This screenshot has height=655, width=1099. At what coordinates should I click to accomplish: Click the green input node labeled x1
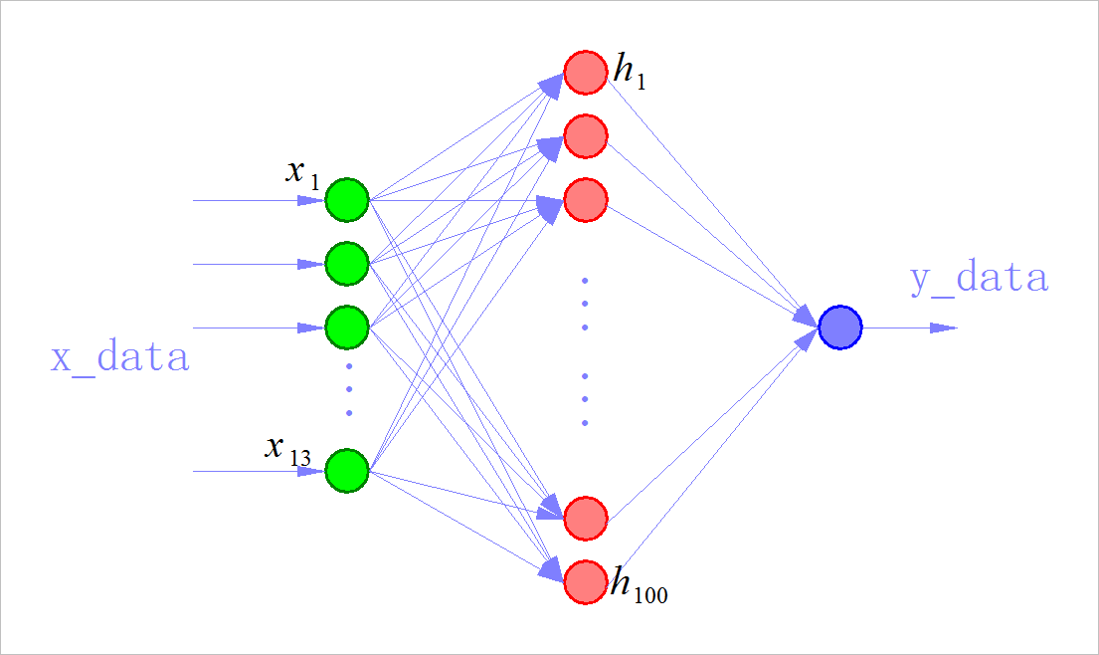pyautogui.click(x=347, y=200)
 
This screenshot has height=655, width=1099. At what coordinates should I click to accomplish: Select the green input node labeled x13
pyautogui.click(x=347, y=470)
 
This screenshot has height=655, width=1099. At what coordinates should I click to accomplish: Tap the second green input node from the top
pyautogui.click(x=347, y=264)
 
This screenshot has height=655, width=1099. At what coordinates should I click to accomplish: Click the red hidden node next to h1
pyautogui.click(x=586, y=72)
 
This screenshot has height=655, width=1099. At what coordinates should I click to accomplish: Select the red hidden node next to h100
pyautogui.click(x=586, y=581)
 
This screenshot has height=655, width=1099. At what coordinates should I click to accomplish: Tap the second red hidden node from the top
pyautogui.click(x=586, y=136)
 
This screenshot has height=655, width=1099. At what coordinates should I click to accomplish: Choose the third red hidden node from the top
pyautogui.click(x=586, y=199)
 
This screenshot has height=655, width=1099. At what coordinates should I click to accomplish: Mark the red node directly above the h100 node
pyautogui.click(x=586, y=517)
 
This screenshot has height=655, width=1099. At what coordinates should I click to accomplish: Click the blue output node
pyautogui.click(x=840, y=327)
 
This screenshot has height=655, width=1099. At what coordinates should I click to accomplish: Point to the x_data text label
pyautogui.click(x=120, y=357)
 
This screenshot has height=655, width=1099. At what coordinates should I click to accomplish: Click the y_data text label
pyautogui.click(x=979, y=279)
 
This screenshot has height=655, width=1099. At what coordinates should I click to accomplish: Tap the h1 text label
pyautogui.click(x=630, y=73)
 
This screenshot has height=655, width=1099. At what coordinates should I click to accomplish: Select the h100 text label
pyautogui.click(x=639, y=587)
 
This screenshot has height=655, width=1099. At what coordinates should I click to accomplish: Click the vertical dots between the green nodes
pyautogui.click(x=348, y=389)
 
